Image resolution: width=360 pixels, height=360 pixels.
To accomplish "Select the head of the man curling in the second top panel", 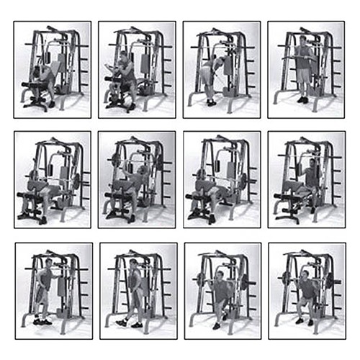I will point(123,55).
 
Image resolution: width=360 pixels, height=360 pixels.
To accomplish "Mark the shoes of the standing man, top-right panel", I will point(302,100).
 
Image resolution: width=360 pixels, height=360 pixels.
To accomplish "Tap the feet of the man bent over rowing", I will point(211,103).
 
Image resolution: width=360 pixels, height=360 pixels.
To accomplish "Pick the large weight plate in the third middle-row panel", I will point(243,180).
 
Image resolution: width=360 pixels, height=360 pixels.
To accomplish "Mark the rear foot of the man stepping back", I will point(120,324).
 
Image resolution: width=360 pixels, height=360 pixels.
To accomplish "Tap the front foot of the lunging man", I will point(217,326).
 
